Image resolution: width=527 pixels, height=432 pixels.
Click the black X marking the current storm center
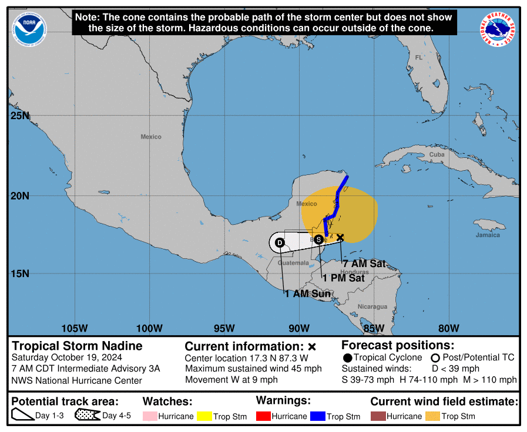pos(340,237)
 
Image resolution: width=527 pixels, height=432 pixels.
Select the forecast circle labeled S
pos(318,239)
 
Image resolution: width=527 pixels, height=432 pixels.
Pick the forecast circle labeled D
pos(280,242)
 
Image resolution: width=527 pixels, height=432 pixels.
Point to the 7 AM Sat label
pos(364,264)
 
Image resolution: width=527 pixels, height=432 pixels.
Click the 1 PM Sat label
pos(343,278)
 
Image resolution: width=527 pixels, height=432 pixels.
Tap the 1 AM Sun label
pos(307,293)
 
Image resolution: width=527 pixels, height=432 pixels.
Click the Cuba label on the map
pos(437,154)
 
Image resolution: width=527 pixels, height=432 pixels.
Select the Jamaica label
pos(488,235)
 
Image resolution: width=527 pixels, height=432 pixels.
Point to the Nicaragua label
pos(372,306)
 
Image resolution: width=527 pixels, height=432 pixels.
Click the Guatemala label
pos(293,263)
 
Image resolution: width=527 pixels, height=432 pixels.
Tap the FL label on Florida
pos(418,58)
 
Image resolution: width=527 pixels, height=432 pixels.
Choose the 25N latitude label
pos(19,116)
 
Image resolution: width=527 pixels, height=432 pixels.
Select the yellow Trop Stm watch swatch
pos(204,416)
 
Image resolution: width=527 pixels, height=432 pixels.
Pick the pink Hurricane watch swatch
pos(149,416)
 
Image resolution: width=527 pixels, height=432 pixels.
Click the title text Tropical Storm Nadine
pos(77,346)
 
